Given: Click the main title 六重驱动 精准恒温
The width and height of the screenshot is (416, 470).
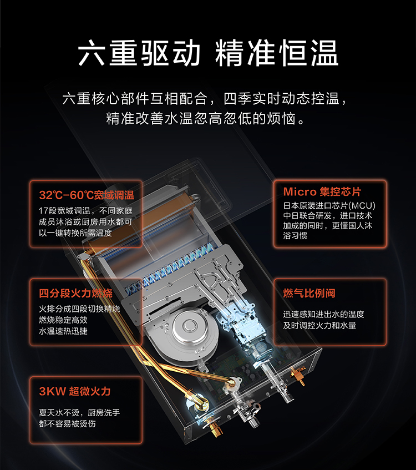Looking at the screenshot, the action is [x=208, y=53].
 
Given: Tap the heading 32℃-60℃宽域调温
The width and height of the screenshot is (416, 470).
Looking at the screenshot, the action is [x=87, y=195].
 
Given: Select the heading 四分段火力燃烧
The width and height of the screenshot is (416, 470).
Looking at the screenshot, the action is [x=75, y=293].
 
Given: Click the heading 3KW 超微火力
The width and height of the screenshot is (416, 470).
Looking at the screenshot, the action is [x=75, y=391].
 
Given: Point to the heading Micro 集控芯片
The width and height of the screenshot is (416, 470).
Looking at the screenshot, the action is [x=322, y=191].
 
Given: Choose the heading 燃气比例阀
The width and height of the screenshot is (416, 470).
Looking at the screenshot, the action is [x=309, y=293].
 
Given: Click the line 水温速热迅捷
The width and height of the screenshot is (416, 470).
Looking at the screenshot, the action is [x=63, y=331].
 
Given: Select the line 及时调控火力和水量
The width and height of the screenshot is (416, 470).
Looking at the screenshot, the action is [x=319, y=325].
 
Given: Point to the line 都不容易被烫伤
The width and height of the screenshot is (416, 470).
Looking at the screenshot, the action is [x=67, y=423].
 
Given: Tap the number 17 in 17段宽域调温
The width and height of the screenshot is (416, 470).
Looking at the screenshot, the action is [x=43, y=211].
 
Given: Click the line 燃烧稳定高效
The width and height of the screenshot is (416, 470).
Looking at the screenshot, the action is [x=63, y=320].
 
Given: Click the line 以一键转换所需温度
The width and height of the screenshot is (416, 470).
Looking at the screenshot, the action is [x=75, y=233].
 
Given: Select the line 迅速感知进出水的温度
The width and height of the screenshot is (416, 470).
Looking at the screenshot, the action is [x=324, y=314].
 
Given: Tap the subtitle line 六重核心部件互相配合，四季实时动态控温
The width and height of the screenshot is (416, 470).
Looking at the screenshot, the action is [x=205, y=99].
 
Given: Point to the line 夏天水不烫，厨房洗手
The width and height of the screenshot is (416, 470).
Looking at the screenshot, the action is [x=79, y=413].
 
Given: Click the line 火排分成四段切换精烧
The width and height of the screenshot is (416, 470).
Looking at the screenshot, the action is [x=79, y=309].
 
